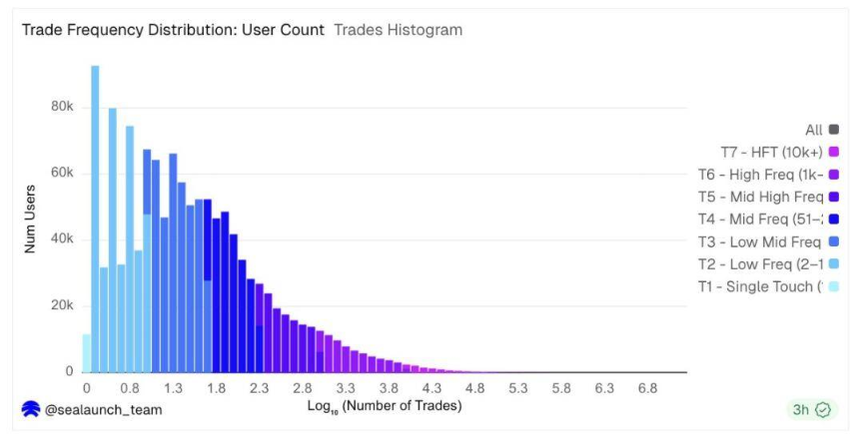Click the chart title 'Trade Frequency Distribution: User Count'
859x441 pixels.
coord(173,30)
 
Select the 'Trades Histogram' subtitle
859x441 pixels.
coord(398,30)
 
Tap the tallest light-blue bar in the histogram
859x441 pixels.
coord(95,220)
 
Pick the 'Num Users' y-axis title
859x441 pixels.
coord(30,219)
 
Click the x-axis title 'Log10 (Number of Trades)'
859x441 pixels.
coord(385,406)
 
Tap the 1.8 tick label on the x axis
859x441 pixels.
coord(216,387)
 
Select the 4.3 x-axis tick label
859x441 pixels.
coord(431,387)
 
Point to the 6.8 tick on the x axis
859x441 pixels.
coord(647,387)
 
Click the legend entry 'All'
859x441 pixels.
coord(813,130)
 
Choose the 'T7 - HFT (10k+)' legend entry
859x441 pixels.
coord(771,152)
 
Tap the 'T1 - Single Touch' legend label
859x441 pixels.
coord(760,286)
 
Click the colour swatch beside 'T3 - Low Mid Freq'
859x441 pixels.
coord(833,241)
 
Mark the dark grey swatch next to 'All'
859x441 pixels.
coord(833,130)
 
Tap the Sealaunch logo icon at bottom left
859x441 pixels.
coord(31,409)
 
